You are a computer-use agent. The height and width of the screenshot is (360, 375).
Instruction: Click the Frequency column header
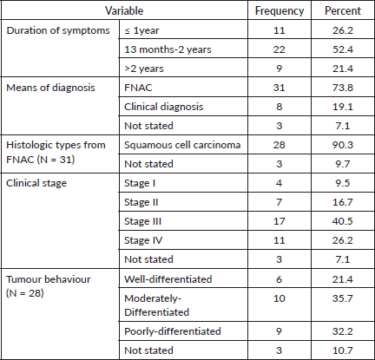pyautogui.click(x=280, y=11)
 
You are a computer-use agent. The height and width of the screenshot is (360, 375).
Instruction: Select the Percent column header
pyautogui.click(x=343, y=11)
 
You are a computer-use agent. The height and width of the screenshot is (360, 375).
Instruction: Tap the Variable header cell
pyautogui.click(x=124, y=11)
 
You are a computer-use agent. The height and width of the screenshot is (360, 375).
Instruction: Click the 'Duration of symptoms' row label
pyautogui.click(x=58, y=30)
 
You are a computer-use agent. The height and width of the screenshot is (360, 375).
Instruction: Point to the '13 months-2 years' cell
pyautogui.click(x=168, y=49)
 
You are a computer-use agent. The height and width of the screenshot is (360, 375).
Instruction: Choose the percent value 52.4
pyautogui.click(x=343, y=49)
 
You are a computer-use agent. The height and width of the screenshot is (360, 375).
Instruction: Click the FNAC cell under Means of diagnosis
pyautogui.click(x=138, y=88)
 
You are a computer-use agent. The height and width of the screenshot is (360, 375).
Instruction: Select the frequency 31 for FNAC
pyautogui.click(x=279, y=88)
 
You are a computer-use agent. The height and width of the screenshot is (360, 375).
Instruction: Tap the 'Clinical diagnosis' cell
pyautogui.click(x=164, y=107)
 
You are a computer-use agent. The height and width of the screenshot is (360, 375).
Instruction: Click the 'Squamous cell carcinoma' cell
pyautogui.click(x=182, y=145)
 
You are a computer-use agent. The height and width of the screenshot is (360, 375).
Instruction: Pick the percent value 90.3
pyautogui.click(x=343, y=145)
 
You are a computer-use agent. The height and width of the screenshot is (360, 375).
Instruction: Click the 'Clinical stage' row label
pyautogui.click(x=36, y=183)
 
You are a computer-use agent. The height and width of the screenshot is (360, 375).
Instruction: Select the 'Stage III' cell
pyautogui.click(x=142, y=221)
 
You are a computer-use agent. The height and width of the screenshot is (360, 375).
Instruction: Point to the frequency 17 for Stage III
pyautogui.click(x=279, y=221)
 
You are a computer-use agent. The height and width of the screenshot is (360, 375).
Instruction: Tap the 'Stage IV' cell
pyautogui.click(x=143, y=240)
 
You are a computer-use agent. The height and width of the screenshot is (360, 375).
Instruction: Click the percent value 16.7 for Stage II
pyautogui.click(x=343, y=202)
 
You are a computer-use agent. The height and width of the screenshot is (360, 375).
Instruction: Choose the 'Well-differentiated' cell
pyautogui.click(x=168, y=279)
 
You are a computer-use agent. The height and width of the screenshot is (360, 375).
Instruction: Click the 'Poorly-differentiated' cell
pyautogui.click(x=173, y=331)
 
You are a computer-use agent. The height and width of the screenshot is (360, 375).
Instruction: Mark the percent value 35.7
pyautogui.click(x=343, y=298)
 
